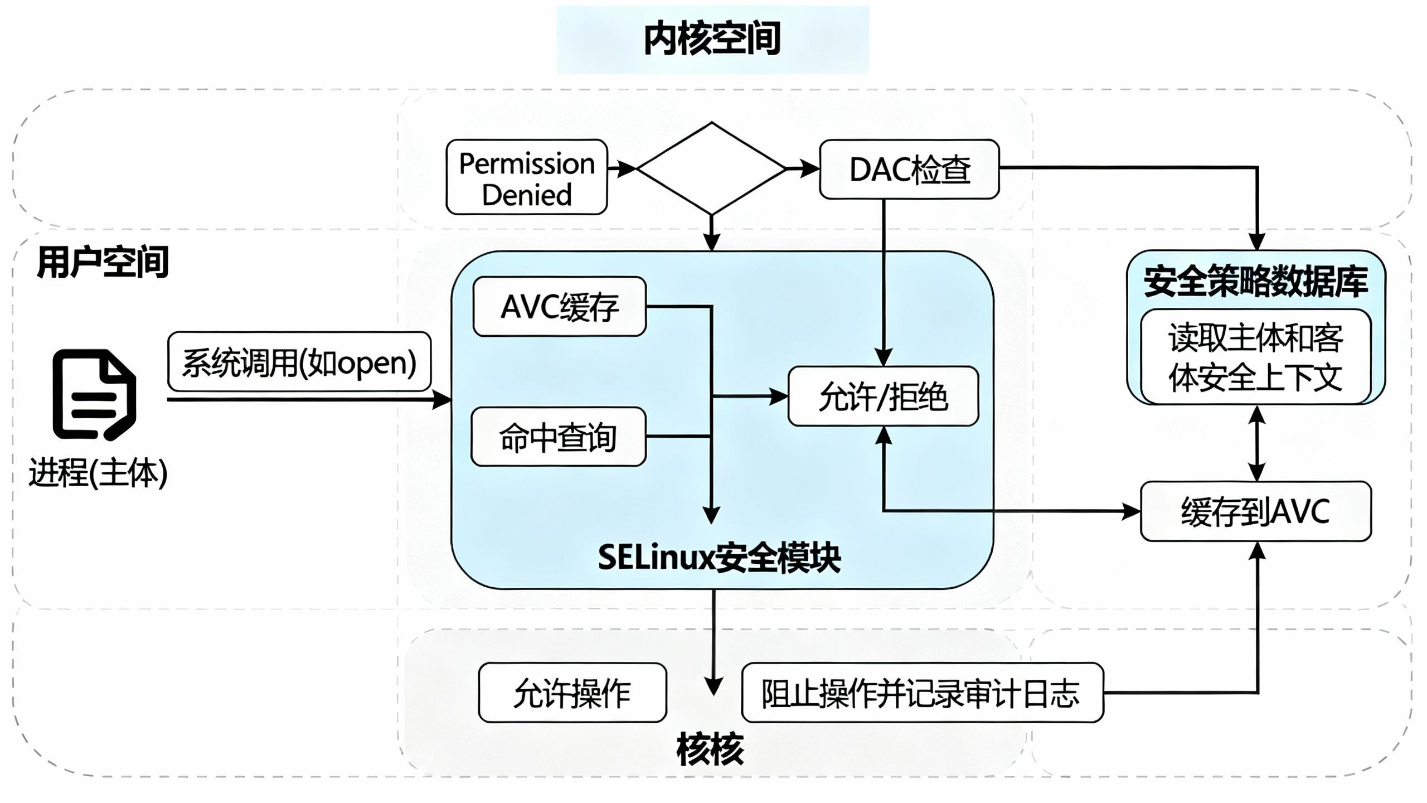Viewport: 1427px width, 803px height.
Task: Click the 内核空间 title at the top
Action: (x=712, y=39)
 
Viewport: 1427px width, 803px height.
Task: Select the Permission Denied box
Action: (x=527, y=177)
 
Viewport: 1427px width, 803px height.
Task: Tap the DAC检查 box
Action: (x=909, y=170)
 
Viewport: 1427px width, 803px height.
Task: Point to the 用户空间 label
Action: (x=103, y=262)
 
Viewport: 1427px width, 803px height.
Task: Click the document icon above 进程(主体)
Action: (x=94, y=395)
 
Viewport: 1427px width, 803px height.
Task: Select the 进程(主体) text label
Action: (x=98, y=473)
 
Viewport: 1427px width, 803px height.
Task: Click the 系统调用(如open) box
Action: (x=299, y=362)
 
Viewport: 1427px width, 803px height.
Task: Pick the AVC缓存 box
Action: (x=560, y=307)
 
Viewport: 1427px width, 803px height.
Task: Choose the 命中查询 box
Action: (x=559, y=437)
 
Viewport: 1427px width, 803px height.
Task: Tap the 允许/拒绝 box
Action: (x=883, y=396)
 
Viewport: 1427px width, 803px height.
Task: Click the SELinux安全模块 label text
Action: (x=719, y=557)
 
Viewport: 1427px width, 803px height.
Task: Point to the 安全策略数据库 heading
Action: (x=1255, y=282)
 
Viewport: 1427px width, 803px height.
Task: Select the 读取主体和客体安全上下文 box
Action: (x=1255, y=357)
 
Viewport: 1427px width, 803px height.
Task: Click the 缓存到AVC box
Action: (x=1256, y=511)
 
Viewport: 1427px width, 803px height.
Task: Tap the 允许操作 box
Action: (x=572, y=693)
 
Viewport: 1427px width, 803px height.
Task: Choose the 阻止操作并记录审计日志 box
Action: (x=922, y=693)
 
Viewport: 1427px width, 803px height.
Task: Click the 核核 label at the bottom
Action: (x=710, y=749)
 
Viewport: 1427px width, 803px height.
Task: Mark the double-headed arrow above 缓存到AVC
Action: (x=1256, y=443)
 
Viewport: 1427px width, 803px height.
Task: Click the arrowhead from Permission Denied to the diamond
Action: (x=628, y=168)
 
